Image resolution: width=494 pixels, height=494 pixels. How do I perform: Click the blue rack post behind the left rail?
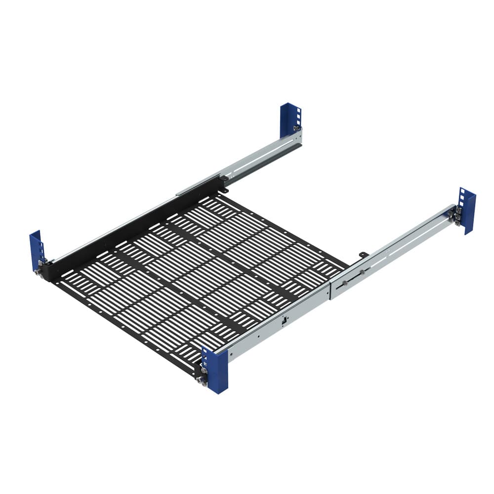pyautogui.click(x=288, y=119)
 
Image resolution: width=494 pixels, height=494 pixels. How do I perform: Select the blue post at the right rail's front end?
pyautogui.click(x=216, y=370)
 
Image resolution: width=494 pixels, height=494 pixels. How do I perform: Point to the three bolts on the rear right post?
pyautogui.click(x=457, y=216)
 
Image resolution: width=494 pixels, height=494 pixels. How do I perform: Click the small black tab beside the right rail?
pyautogui.click(x=363, y=254)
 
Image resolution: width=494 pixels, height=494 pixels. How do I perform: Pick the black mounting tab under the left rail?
pyautogui.click(x=225, y=188)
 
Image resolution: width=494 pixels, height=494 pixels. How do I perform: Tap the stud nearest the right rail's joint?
pyautogui.click(x=344, y=283)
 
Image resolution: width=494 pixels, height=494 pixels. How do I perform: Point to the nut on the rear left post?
pyautogui.click(x=296, y=128)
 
